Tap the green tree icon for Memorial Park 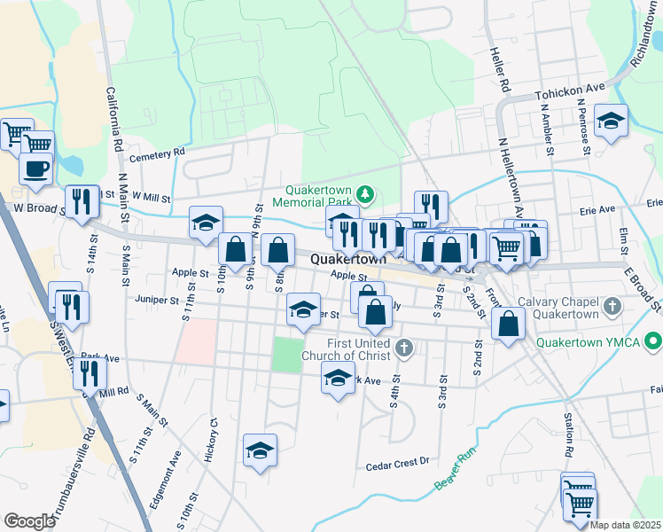pyautogui.click(x=364, y=194)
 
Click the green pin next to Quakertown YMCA pyautogui.click(x=653, y=340)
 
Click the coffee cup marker pyautogui.click(x=35, y=168)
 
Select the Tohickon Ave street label pyautogui.click(x=569, y=92)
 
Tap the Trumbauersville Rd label pyautogui.click(x=77, y=479)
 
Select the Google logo pyautogui.click(x=29, y=521)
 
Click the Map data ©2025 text pyautogui.click(x=625, y=525)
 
